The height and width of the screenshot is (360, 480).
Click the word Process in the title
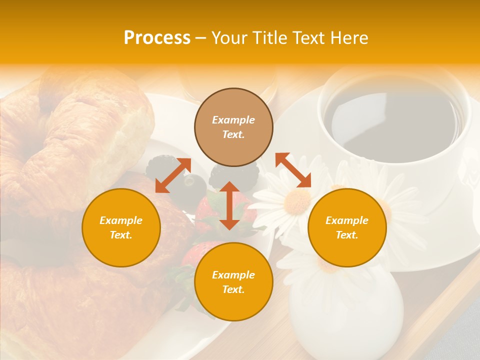pos(157,38)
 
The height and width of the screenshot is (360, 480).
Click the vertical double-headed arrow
pos(229,205)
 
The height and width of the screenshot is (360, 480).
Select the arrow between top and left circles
pos(173,174)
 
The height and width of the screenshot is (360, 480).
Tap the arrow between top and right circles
pos(293,170)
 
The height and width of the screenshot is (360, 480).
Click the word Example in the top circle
pos(233,120)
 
